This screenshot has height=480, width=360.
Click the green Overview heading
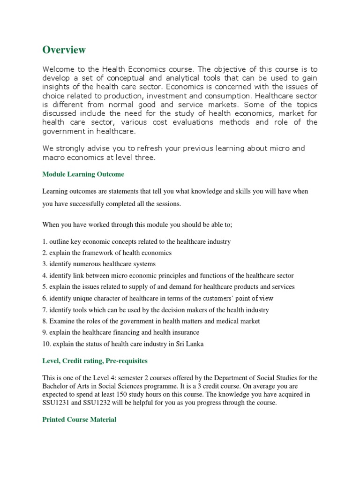coord(64,50)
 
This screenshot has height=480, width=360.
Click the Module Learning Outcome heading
coord(83,174)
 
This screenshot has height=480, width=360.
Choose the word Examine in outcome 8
coord(60,321)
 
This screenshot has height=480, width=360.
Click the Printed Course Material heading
coord(79,420)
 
